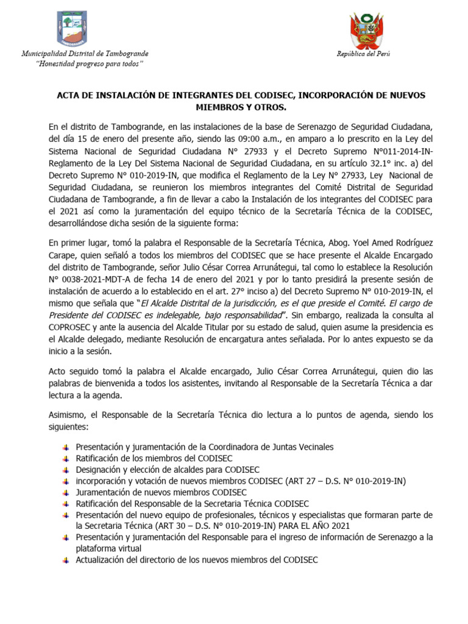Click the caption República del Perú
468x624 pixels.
point(364,54)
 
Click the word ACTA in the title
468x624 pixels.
point(68,96)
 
